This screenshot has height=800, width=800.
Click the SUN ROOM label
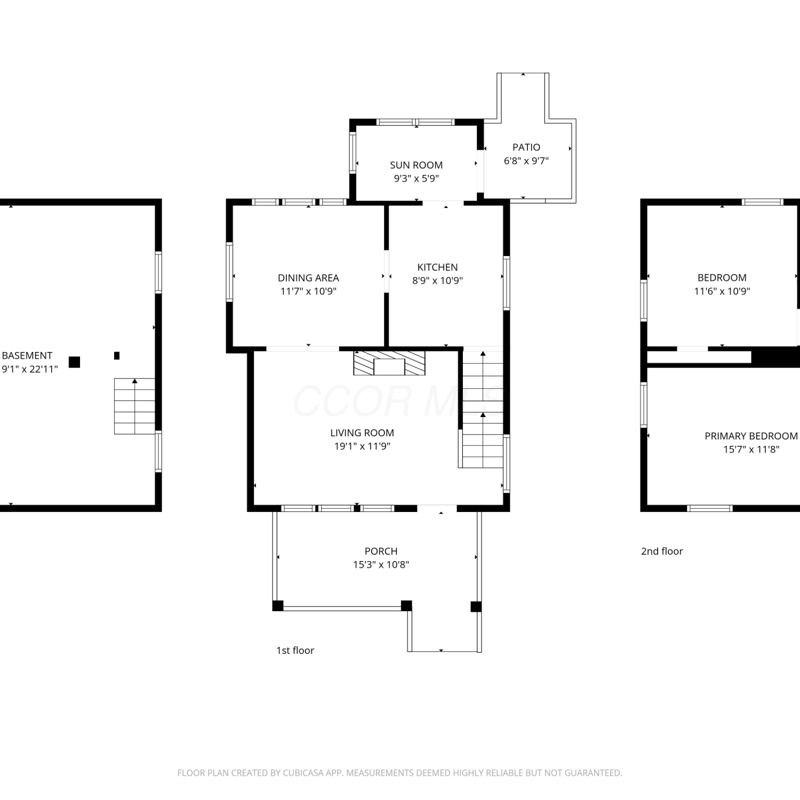click(416, 165)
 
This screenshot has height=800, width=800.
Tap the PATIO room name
click(526, 147)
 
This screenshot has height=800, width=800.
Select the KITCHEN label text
click(437, 267)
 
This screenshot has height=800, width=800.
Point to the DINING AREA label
click(308, 278)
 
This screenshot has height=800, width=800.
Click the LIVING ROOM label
click(362, 433)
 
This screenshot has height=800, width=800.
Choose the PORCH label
click(381, 551)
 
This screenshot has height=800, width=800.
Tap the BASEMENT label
click(27, 356)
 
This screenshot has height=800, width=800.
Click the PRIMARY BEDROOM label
click(751, 436)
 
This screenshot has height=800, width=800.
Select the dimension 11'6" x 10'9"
click(722, 291)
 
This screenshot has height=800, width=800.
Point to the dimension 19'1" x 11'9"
click(362, 446)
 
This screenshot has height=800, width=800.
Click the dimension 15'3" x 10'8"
click(381, 565)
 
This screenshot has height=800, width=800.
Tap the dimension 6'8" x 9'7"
click(526, 161)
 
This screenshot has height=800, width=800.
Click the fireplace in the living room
click(389, 363)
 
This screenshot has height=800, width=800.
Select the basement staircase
click(134, 406)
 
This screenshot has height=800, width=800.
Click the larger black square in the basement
click(75, 362)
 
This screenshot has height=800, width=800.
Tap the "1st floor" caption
click(295, 650)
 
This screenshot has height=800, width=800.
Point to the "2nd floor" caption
click(662, 551)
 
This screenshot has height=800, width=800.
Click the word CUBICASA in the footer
click(305, 773)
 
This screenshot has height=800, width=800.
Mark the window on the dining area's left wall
click(230, 272)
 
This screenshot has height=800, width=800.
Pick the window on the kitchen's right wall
click(507, 283)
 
